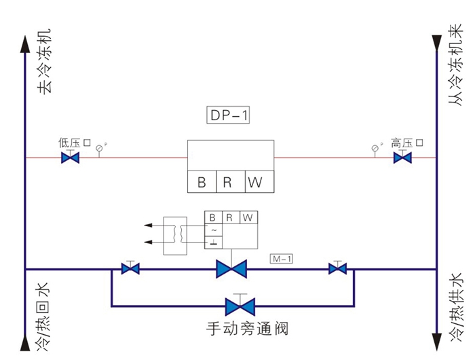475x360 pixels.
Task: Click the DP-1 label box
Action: tap(228, 115)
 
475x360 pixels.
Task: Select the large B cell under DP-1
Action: tap(202, 182)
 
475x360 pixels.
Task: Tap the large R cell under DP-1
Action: tap(230, 182)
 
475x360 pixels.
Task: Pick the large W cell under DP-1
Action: tap(259, 182)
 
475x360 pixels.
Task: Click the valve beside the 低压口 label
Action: tap(70, 158)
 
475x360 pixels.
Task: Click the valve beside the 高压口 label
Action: tap(402, 158)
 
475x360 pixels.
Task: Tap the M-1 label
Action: tap(280, 259)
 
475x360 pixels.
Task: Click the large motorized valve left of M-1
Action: tap(230, 269)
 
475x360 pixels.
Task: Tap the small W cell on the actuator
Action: tap(248, 217)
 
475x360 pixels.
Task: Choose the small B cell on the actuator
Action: tap(212, 217)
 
